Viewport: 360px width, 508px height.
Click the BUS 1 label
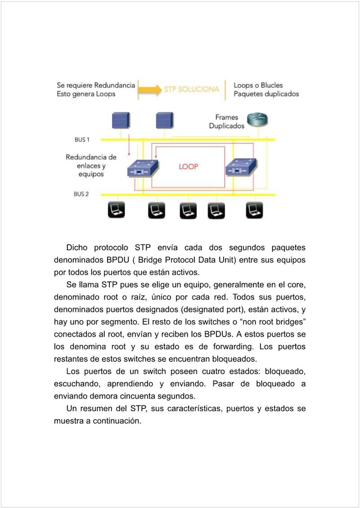pyautogui.click(x=82, y=140)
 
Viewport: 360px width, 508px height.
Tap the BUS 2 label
pyautogui.click(x=81, y=194)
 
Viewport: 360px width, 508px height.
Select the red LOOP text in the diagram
pyautogui.click(x=189, y=167)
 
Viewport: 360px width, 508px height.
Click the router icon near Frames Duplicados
pyautogui.click(x=257, y=120)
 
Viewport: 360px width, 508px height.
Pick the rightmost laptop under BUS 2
pyautogui.click(x=254, y=210)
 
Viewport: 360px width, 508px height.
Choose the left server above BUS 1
pyautogui.click(x=121, y=121)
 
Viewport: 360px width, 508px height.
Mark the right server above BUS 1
pyautogui.click(x=164, y=121)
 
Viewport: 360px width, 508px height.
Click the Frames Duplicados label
pyautogui.click(x=227, y=122)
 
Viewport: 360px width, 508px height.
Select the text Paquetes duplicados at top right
pyautogui.click(x=266, y=94)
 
